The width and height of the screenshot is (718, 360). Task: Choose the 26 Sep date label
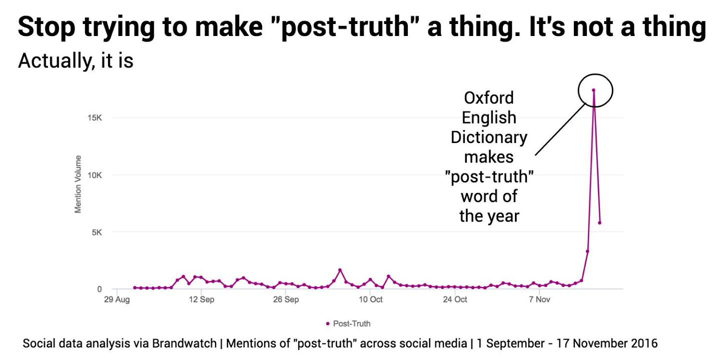(x=286, y=300)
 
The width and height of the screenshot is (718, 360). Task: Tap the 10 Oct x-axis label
(x=370, y=300)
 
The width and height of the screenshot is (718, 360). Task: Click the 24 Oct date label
(x=455, y=300)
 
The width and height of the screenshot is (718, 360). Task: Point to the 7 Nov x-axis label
(x=539, y=300)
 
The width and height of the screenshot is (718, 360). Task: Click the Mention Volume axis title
(x=78, y=184)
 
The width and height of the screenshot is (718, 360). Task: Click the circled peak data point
(x=593, y=90)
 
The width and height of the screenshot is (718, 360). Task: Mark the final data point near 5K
(x=599, y=222)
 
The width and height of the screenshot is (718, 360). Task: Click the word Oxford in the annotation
(x=488, y=97)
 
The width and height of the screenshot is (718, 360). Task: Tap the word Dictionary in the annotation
(x=488, y=137)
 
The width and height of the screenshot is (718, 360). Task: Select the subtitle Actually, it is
(x=76, y=61)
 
